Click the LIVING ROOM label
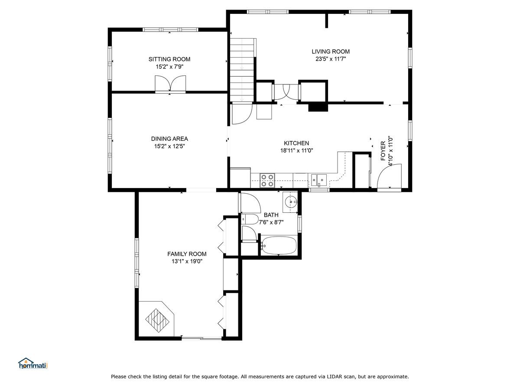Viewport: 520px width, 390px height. coord(331,52)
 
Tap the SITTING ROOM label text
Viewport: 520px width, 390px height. coord(169,59)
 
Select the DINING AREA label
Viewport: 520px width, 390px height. coord(169,139)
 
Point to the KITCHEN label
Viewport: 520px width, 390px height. coord(296,143)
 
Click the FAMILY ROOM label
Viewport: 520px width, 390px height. coord(187,254)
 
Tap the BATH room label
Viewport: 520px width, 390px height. coord(271,215)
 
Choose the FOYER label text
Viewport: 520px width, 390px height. coord(383,151)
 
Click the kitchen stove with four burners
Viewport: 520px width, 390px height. coord(267,180)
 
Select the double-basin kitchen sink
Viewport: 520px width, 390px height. coord(319,180)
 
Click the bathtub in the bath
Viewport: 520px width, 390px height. coord(279,245)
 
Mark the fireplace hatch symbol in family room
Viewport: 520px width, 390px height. coord(157,320)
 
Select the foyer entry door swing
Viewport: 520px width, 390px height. coord(389,176)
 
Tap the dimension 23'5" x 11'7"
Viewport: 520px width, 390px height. coord(331,59)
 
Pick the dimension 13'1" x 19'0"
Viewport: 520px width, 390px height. coord(187,261)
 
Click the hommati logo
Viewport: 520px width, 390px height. coord(33,363)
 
